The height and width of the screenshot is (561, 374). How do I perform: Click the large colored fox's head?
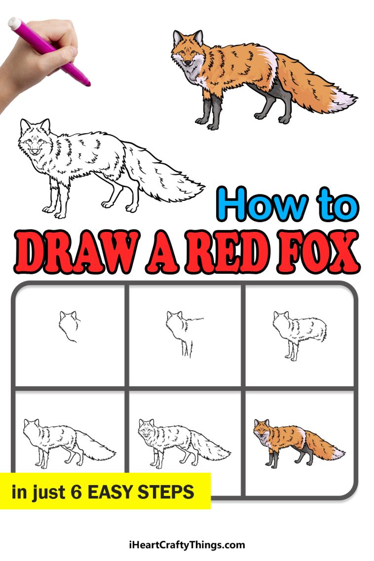187,49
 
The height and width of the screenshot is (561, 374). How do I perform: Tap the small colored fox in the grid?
296,442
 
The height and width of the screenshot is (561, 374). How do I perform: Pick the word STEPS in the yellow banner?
170,491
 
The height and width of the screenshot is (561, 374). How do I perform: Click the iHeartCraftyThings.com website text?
186,545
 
